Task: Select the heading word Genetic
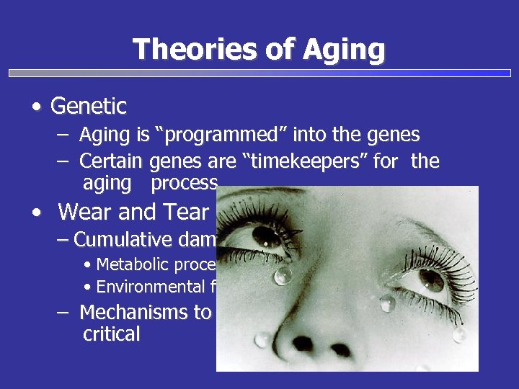point(88,107)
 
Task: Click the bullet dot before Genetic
point(36,107)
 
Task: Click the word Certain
point(112,161)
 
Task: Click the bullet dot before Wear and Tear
point(36,213)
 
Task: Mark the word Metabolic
point(133,264)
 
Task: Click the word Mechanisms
point(144,313)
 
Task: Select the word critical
point(111,335)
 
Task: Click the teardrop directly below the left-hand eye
point(283,274)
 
